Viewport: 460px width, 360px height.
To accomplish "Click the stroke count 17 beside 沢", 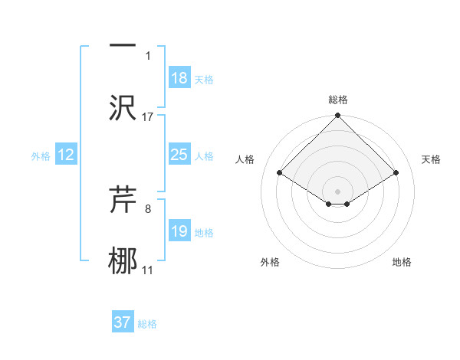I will (148, 116).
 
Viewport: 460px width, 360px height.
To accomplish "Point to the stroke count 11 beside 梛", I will (148, 270).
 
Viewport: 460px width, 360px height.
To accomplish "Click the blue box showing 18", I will (179, 78).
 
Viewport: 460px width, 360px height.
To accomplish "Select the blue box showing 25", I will (179, 155).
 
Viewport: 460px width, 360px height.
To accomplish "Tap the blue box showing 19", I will (179, 231).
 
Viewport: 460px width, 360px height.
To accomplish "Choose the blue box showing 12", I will (65, 155).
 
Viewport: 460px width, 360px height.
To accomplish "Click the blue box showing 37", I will (122, 322).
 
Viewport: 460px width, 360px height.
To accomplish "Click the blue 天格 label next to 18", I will (204, 80).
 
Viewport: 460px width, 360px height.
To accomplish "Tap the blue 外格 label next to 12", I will (41, 156).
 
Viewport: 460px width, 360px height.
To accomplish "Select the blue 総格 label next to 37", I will (147, 324).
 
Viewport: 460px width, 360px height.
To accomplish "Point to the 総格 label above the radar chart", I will (337, 100).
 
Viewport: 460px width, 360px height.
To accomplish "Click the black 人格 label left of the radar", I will (245, 159).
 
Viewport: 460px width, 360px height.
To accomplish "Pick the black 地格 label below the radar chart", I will (402, 263).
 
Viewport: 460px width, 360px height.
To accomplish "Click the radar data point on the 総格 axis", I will (337, 116).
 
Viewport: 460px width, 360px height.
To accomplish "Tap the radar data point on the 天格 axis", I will (396, 172).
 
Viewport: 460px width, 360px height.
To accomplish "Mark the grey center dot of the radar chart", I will (337, 191).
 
